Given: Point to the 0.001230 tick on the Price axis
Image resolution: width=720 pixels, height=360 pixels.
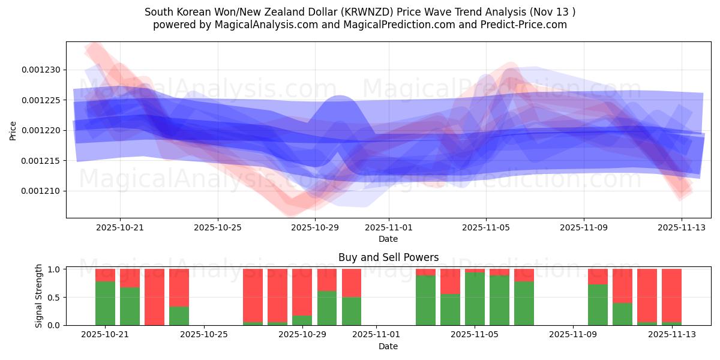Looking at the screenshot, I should [x=41, y=70].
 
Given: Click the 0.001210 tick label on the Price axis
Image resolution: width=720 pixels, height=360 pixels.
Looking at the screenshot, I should [x=41, y=191].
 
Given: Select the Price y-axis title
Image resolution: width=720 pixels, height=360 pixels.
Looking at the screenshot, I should [x=13, y=130].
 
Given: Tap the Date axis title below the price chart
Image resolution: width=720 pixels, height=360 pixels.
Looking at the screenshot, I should [x=388, y=239].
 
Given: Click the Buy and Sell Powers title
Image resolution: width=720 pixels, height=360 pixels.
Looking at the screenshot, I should [x=388, y=257].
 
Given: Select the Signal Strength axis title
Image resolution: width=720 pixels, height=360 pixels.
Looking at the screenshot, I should [x=39, y=296].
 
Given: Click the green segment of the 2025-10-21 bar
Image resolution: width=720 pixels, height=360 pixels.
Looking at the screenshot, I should [x=105, y=303].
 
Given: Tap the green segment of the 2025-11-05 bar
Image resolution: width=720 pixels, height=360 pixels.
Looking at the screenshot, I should [x=475, y=299].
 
